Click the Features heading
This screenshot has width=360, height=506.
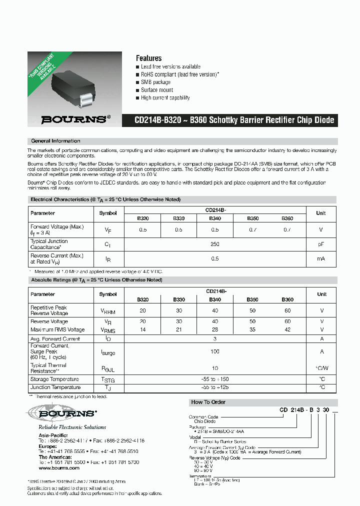[x=148, y=58]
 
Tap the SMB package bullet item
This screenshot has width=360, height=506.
[x=155, y=82]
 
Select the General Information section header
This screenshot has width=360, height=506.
[x=55, y=141]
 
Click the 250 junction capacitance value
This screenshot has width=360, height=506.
[x=215, y=244]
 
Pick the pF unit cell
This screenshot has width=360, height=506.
[x=321, y=244]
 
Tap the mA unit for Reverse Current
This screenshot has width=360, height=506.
[x=321, y=258]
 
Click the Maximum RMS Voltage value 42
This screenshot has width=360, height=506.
[x=287, y=329]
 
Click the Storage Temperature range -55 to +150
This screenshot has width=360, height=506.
[x=215, y=379]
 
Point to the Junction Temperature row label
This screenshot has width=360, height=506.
[x=55, y=387]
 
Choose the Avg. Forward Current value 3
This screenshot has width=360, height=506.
[x=215, y=338]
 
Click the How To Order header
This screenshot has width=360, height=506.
[x=208, y=402]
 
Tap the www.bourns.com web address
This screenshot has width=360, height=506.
[x=52, y=468]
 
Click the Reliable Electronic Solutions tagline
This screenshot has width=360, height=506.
[x=72, y=427]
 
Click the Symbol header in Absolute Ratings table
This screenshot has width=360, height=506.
[x=108, y=294]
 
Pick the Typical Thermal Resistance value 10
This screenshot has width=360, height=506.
[x=215, y=368]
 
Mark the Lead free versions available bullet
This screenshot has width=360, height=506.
[x=170, y=66]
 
